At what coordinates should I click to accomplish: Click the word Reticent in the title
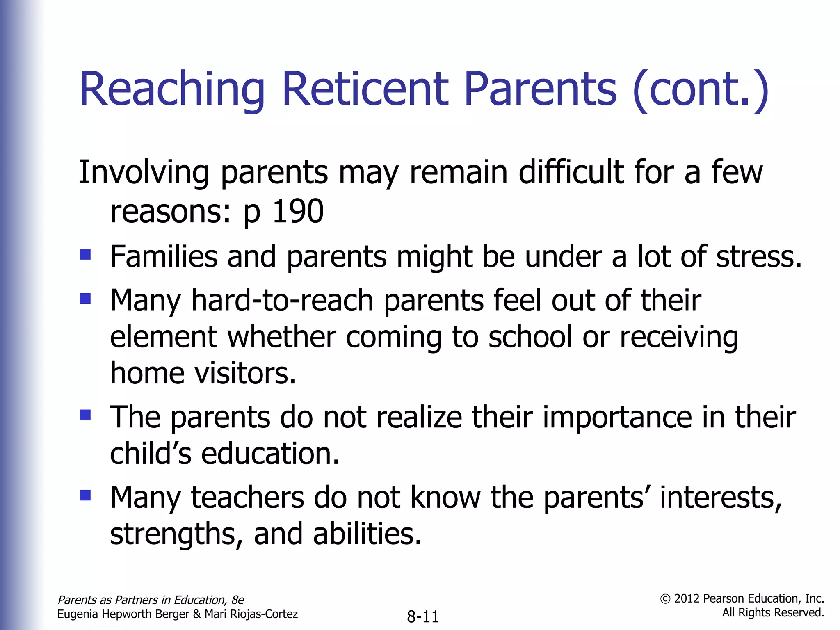pyautogui.click(x=365, y=89)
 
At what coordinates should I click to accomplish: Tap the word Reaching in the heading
pyautogui.click(x=172, y=89)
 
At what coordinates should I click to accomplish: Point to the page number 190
pyautogui.click(x=298, y=212)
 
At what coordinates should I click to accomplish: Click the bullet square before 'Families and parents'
pyautogui.click(x=85, y=255)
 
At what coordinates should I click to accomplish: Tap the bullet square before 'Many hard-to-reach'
pyautogui.click(x=85, y=298)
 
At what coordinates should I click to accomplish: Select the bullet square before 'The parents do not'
pyautogui.click(x=85, y=415)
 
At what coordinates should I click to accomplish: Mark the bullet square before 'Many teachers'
pyautogui.click(x=85, y=495)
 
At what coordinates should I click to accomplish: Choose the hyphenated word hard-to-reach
pyautogui.click(x=283, y=301)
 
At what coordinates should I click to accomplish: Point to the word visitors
pyautogui.click(x=245, y=374)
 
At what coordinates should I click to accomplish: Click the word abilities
pyautogui.click(x=367, y=534)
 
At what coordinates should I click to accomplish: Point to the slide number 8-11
pyautogui.click(x=423, y=616)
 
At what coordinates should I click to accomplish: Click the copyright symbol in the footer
pyautogui.click(x=665, y=599)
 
